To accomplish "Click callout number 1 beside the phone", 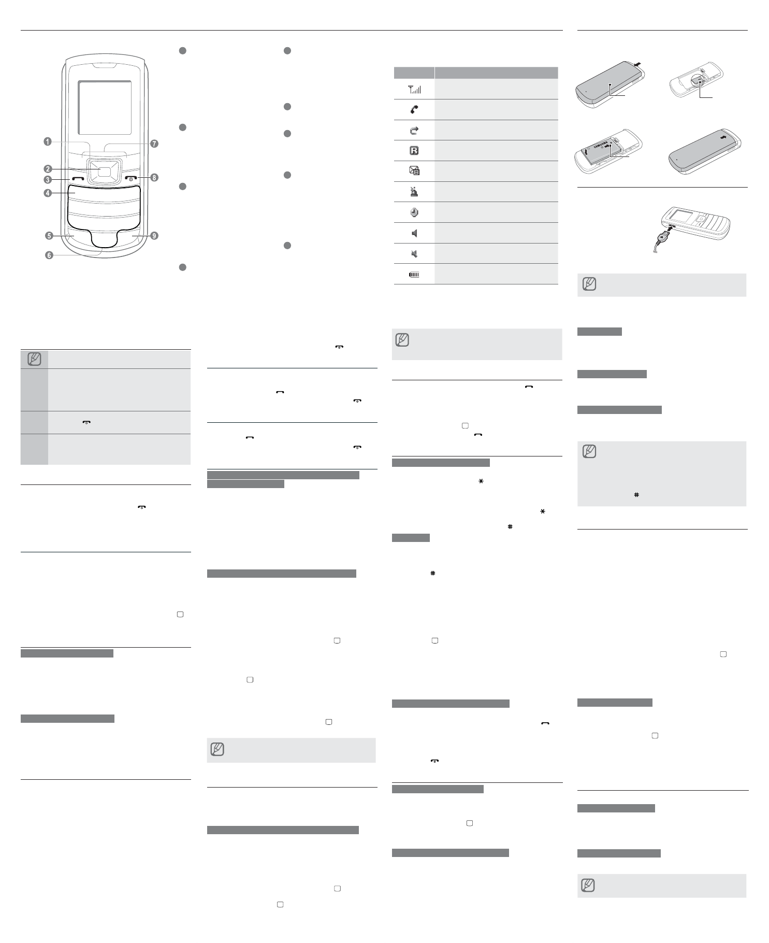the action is pos(47,141).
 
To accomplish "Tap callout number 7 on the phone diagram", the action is pos(154,144).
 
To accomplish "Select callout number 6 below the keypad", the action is pos(49,255).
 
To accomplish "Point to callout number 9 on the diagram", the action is pos(154,236).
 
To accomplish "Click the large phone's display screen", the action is pos(104,108).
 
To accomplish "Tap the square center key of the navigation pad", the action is pos(104,173).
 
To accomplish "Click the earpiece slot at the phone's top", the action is pos(105,66).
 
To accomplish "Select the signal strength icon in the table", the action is pos(415,90).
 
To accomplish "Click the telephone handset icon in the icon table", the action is pos(414,110).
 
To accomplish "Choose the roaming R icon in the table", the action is pos(414,151).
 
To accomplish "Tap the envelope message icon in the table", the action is pos(414,171).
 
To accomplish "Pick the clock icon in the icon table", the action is pos(414,212).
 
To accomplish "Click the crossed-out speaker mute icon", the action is pos(414,254).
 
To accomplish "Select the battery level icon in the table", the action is pos(414,275).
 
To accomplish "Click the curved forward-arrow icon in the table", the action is pos(414,131).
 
